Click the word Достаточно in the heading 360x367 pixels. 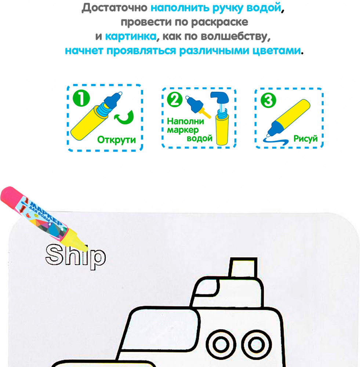click(x=114, y=8)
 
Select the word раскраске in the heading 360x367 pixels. click(x=219, y=22)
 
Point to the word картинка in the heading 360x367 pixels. click(x=131, y=36)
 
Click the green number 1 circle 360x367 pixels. click(x=81, y=98)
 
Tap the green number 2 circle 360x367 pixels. click(x=175, y=99)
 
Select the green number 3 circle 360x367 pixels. click(x=268, y=100)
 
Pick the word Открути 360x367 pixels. click(x=116, y=140)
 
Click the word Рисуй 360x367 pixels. click(x=305, y=139)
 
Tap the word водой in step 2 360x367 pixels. click(x=199, y=138)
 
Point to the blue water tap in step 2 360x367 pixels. click(x=219, y=98)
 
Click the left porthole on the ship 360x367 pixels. click(x=221, y=344)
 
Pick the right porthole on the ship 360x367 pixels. click(x=256, y=345)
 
